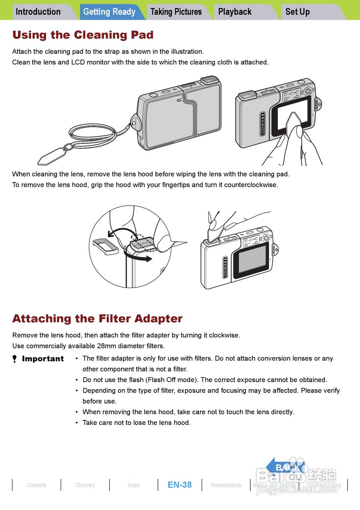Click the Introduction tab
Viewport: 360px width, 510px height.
tap(38, 12)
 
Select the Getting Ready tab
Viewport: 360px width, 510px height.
tap(109, 12)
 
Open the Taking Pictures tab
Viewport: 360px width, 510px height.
tap(176, 12)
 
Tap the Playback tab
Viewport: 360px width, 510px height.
tap(235, 12)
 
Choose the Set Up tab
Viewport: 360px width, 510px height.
tap(297, 12)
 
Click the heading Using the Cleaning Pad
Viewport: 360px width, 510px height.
tap(83, 35)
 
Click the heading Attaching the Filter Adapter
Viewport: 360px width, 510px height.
tap(97, 319)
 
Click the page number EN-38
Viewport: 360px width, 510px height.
tap(179, 485)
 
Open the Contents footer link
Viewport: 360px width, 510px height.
tap(36, 485)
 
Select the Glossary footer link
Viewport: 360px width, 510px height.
tap(85, 485)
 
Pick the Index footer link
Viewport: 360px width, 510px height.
tap(134, 485)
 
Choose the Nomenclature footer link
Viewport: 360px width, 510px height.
tap(226, 485)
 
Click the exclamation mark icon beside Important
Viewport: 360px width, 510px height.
tap(15, 359)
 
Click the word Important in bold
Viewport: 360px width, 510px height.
tap(43, 359)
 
